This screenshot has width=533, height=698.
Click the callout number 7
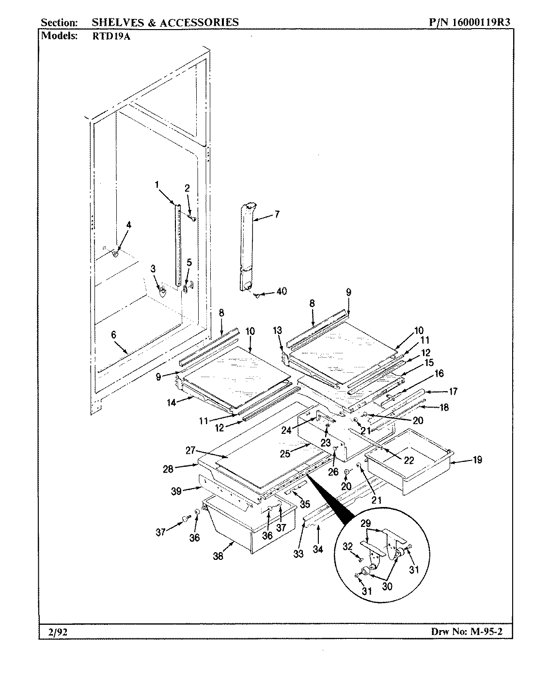tap(277, 214)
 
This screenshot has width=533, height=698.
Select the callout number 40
tap(281, 291)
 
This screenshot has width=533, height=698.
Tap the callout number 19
tap(477, 460)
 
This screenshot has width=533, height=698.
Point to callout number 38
tap(218, 557)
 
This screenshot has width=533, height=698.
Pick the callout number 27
tap(191, 450)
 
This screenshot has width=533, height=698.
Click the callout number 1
tap(157, 184)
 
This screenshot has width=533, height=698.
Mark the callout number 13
tap(277, 331)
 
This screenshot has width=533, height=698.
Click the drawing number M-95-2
tap(493, 631)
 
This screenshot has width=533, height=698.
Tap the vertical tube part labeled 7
tap(247, 247)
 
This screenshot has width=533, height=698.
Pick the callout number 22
tap(409, 460)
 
